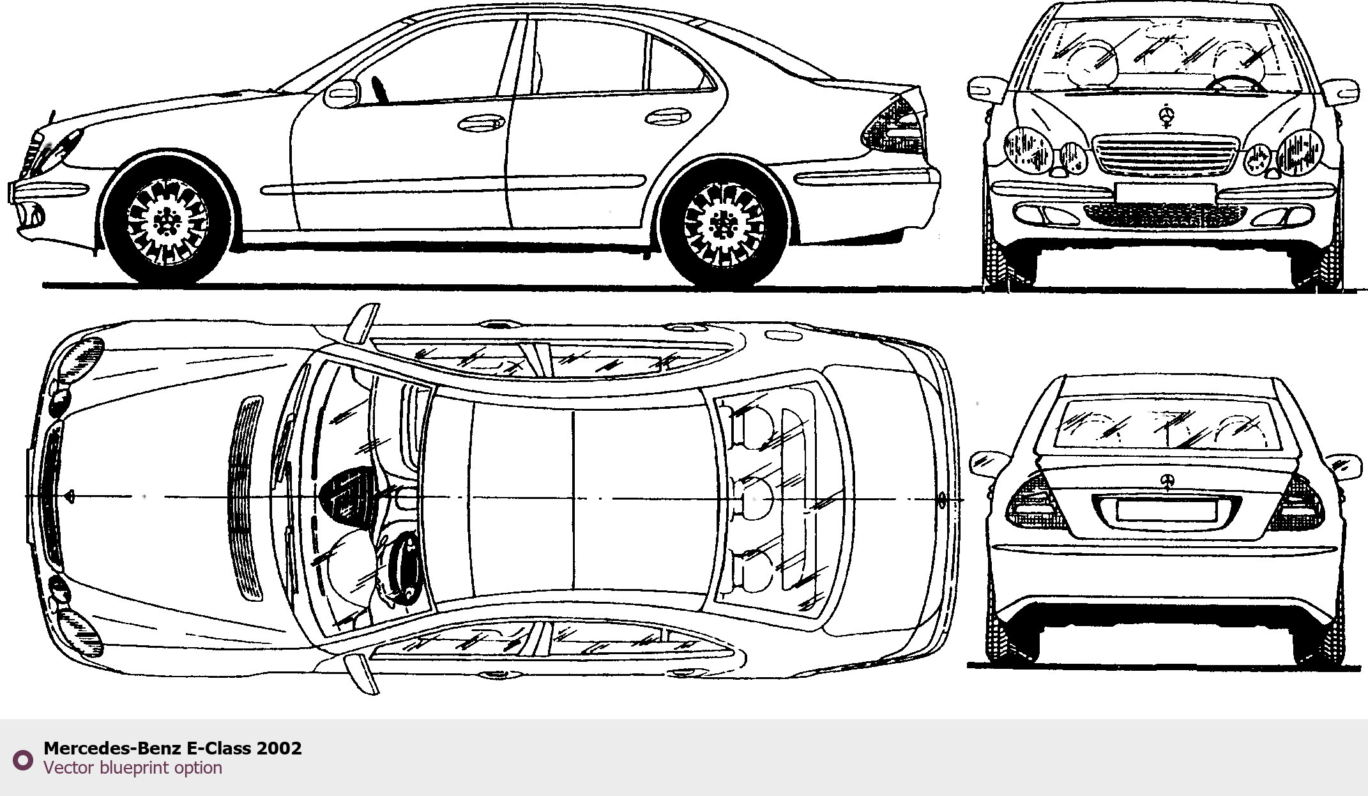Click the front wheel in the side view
167,221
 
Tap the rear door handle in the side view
667,117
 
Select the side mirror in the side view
343,94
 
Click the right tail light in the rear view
1300,503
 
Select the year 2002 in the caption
279,748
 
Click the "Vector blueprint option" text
133,768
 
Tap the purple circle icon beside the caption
23,760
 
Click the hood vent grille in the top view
245,498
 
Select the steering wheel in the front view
1236,83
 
